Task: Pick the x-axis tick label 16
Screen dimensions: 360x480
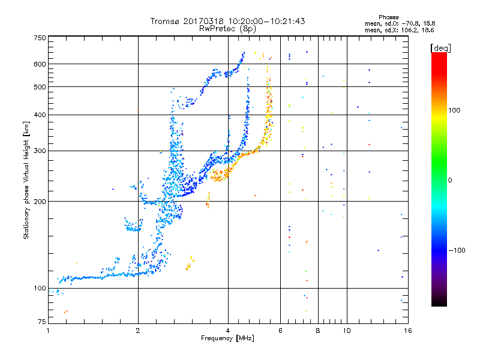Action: click(x=407, y=331)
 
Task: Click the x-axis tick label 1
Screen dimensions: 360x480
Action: click(x=49, y=331)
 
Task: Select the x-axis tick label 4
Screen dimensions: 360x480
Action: click(x=228, y=331)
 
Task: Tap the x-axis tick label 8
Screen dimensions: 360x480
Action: click(x=318, y=331)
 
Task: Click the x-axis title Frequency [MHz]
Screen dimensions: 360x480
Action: click(x=227, y=338)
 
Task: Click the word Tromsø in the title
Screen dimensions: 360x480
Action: click(x=166, y=21)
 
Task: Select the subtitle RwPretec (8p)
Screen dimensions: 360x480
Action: click(x=227, y=28)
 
